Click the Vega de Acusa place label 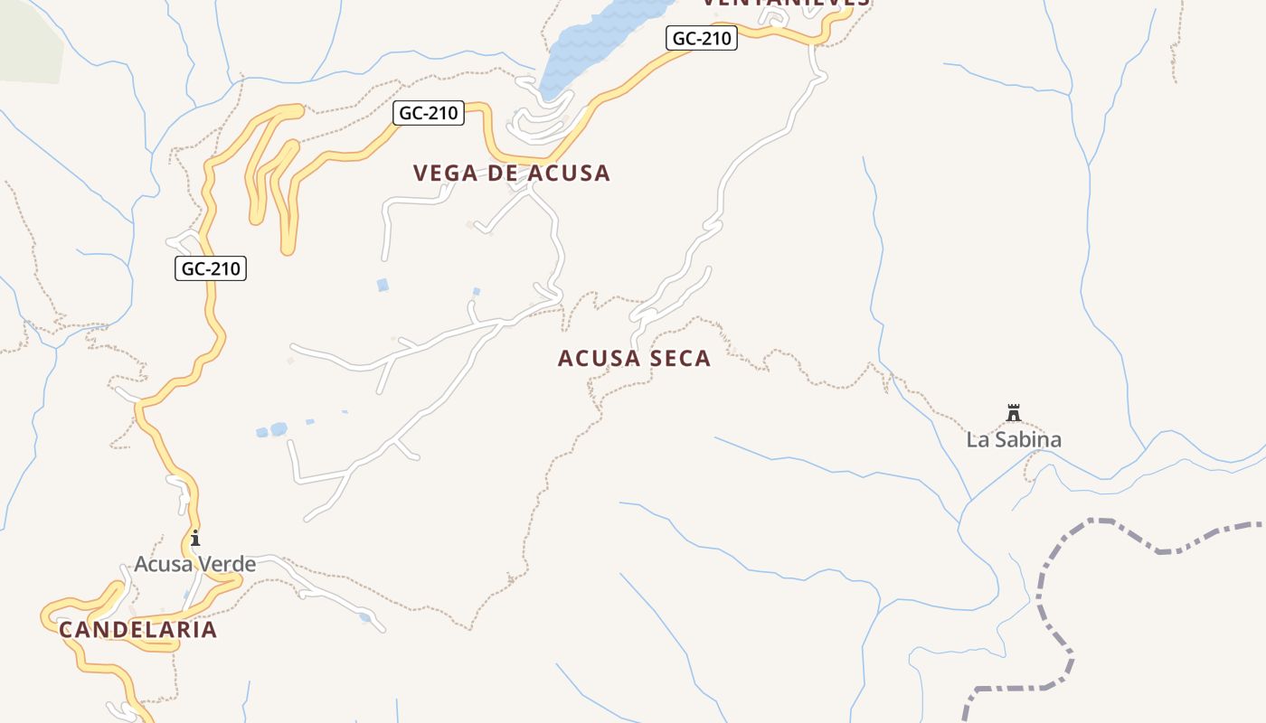click(x=512, y=173)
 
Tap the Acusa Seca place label click(x=634, y=359)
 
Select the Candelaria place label click(x=138, y=630)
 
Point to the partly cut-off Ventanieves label click(x=786, y=3)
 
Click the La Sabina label click(x=1014, y=440)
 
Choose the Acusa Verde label click(x=194, y=565)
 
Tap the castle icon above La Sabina click(x=1014, y=414)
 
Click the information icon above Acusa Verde click(x=194, y=538)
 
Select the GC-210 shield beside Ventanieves click(x=702, y=38)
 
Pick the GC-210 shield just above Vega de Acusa click(x=430, y=113)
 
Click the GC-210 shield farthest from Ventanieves click(x=211, y=268)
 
